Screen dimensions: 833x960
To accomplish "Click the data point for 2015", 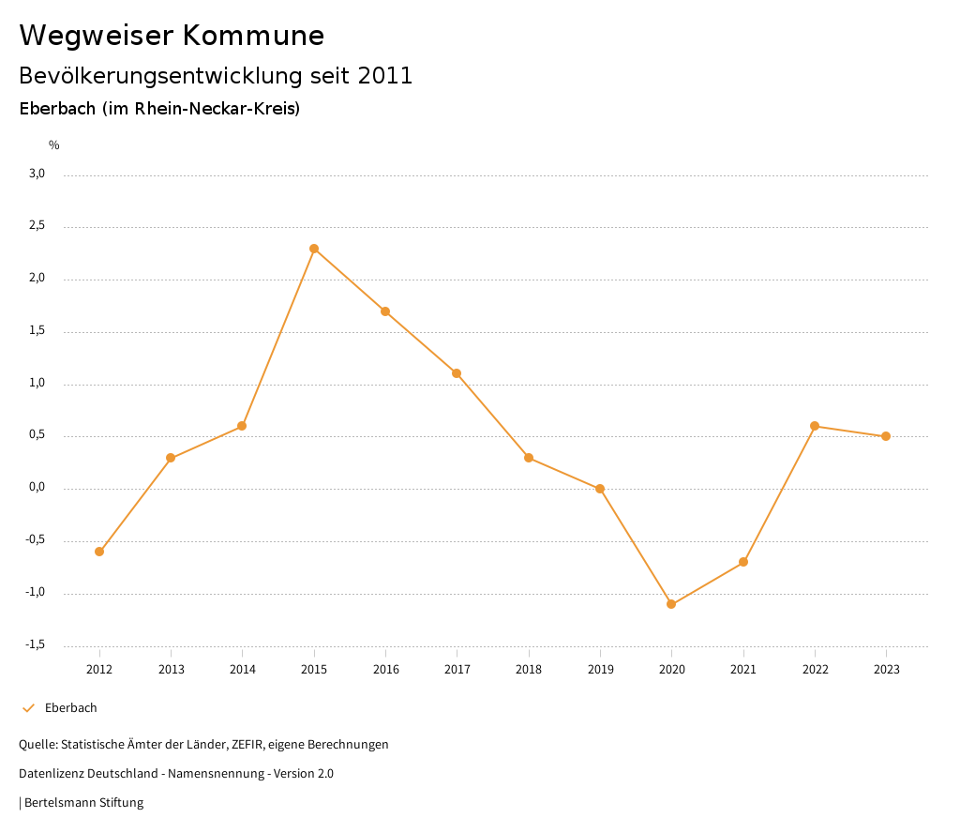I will click(x=314, y=249).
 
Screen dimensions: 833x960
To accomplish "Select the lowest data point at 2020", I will click(x=671, y=604).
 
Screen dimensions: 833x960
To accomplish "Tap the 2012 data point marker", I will click(x=99, y=552).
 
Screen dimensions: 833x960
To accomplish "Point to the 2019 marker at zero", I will click(x=600, y=489).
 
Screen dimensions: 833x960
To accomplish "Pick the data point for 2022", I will click(x=815, y=426).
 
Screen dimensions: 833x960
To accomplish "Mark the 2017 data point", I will click(x=457, y=373).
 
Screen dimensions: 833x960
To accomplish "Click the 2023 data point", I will click(x=886, y=436).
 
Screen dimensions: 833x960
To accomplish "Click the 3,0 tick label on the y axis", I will click(x=37, y=174).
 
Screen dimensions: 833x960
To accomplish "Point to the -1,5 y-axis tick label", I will click(x=36, y=644).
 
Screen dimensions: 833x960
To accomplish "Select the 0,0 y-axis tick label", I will click(x=37, y=488).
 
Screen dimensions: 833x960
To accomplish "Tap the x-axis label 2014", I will click(x=243, y=670).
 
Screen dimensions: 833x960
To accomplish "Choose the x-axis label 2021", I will click(x=743, y=670).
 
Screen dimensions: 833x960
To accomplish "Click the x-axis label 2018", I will click(x=529, y=670).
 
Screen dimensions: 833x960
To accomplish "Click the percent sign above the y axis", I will click(x=54, y=145).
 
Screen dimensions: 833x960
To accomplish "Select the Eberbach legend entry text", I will click(x=71, y=708).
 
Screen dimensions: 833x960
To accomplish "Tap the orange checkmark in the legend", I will click(x=28, y=708).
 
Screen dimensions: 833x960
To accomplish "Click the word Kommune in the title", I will click(x=253, y=36).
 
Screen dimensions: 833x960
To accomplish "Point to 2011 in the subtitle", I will click(x=385, y=76).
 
